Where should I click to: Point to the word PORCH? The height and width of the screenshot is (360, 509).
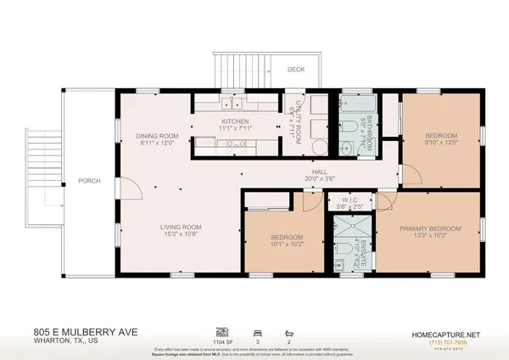pyautogui.click(x=90, y=181)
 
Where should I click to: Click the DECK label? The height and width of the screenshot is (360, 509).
pyautogui.click(x=296, y=70)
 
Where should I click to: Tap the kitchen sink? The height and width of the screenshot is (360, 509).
pyautogui.click(x=230, y=104)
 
